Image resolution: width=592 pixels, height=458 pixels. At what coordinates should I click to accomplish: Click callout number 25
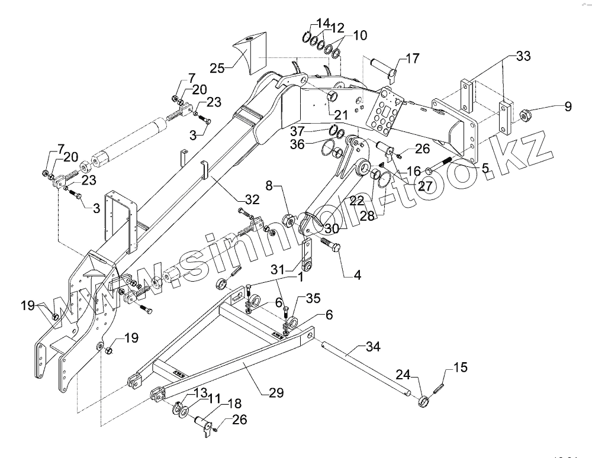click(x=217, y=68)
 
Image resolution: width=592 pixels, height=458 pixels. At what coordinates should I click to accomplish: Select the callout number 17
click(x=412, y=59)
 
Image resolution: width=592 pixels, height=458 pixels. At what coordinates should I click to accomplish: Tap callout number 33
click(x=523, y=57)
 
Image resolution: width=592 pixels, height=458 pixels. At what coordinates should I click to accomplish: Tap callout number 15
click(x=460, y=368)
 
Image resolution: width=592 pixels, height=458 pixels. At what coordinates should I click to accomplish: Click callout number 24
click(x=403, y=374)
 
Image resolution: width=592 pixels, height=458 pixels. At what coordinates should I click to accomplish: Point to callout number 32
click(x=252, y=200)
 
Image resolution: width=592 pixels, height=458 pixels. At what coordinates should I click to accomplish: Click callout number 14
click(x=323, y=24)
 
